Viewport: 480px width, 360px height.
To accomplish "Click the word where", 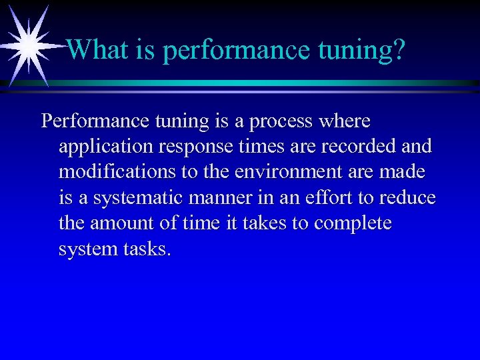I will pos(345,121).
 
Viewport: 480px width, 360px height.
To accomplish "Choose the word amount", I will pos(118,223).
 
